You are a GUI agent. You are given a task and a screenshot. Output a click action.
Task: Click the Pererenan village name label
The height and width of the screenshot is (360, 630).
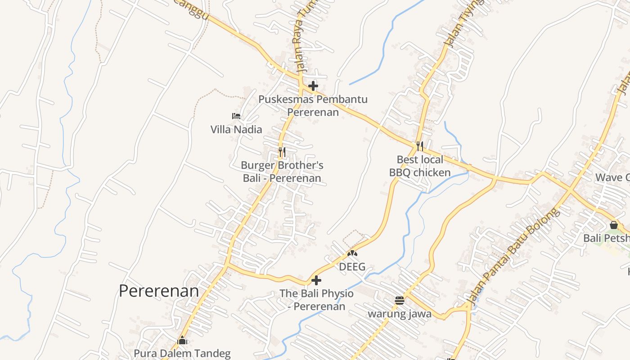[x=159, y=291]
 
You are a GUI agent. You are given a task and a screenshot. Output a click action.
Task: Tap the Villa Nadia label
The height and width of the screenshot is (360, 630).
[x=236, y=130]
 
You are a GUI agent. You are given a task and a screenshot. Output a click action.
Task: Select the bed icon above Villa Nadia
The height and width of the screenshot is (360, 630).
[x=236, y=116]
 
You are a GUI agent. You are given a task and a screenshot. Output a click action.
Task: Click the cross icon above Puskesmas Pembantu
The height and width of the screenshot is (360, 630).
[x=313, y=85]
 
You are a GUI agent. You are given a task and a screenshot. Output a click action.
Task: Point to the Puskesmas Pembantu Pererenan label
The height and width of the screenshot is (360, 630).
[x=313, y=106]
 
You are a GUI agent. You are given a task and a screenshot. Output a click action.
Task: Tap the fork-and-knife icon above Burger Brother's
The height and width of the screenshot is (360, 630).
[x=282, y=152]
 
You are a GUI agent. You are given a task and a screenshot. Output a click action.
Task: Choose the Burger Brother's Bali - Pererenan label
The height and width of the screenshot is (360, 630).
[x=282, y=172]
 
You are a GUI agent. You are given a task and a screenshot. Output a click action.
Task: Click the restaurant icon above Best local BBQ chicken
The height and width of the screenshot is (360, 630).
[x=420, y=146]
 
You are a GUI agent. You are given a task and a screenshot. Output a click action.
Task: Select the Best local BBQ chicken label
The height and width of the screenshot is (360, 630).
[x=420, y=166]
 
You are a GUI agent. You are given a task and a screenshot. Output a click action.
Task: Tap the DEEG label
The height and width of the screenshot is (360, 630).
[x=352, y=267]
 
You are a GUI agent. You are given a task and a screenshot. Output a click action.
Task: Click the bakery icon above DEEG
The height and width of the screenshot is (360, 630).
[x=352, y=253]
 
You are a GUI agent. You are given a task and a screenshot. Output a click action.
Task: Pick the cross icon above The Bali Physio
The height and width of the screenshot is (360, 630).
[x=316, y=280]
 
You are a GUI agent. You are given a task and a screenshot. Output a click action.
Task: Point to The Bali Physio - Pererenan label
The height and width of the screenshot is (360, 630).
[x=316, y=300]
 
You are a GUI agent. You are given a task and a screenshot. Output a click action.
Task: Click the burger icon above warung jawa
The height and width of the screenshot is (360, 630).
[x=400, y=300]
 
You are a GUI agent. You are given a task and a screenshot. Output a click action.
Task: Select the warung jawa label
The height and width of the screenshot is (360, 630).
[x=400, y=314]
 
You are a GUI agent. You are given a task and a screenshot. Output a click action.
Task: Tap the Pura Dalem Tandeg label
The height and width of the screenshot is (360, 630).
[x=182, y=354]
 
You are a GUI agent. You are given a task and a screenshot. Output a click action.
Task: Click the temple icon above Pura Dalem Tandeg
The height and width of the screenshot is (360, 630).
[x=182, y=340]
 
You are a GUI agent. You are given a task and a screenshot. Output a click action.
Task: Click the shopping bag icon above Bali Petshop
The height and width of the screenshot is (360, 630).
[x=614, y=225]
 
